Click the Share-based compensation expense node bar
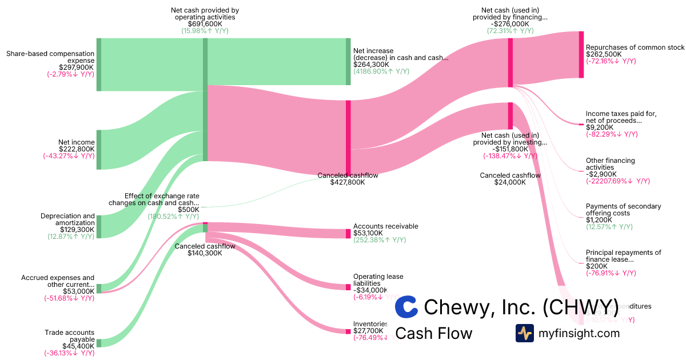pos(98,64)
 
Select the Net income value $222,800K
pos(77,149)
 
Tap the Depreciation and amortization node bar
pos(98,226)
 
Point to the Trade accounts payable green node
pos(98,343)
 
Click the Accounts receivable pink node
pos(348,233)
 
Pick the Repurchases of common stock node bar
pos(581,54)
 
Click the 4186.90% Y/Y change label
pos(381,71)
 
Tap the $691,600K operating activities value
pos(205,24)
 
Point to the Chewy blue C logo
pos(406,307)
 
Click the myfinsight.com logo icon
pos(524,333)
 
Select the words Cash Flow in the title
pos(433,333)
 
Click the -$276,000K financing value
pos(509,24)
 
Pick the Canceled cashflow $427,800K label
pos(348,179)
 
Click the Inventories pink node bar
pos(348,331)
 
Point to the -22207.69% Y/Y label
pos(618,181)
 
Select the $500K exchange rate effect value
pos(188,210)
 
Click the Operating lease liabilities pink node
pos(348,287)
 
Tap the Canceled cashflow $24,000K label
pos(510,179)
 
